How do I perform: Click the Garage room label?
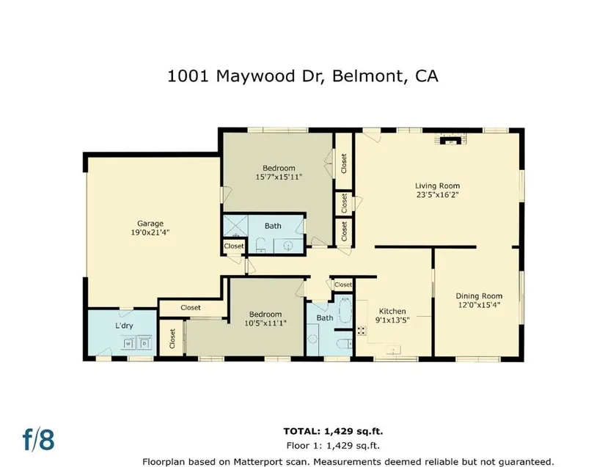coord(150,224)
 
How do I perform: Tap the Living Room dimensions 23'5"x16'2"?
coord(438,195)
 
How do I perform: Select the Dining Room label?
coord(479,295)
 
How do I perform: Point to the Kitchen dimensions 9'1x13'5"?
coord(392,320)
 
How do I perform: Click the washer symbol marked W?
coord(129,343)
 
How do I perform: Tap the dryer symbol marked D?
coord(144,343)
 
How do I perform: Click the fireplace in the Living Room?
coord(450,139)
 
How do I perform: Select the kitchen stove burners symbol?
coord(362,331)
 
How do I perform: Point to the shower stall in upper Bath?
coord(235,226)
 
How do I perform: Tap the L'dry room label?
coord(124,326)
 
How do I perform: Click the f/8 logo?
coord(38,439)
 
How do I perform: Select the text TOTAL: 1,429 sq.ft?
coord(334,431)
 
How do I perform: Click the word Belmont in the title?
coord(367,76)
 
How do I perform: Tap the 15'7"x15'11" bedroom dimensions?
coord(279,177)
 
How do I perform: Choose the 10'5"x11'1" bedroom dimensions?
coord(265,323)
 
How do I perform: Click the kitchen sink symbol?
coord(393,350)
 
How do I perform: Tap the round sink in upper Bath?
coord(288,246)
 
